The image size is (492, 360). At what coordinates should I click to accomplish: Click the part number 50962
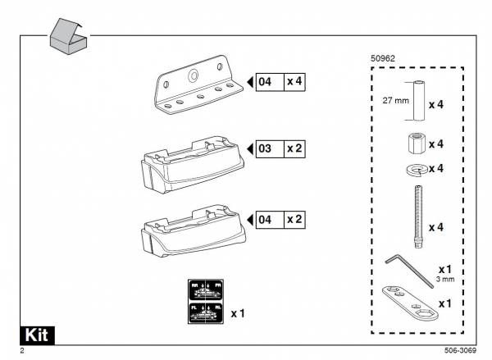click(x=384, y=59)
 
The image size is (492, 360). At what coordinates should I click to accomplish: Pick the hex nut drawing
click(x=415, y=144)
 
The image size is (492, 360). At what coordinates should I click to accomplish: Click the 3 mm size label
click(x=445, y=280)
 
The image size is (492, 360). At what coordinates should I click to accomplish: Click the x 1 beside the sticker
click(x=239, y=312)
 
